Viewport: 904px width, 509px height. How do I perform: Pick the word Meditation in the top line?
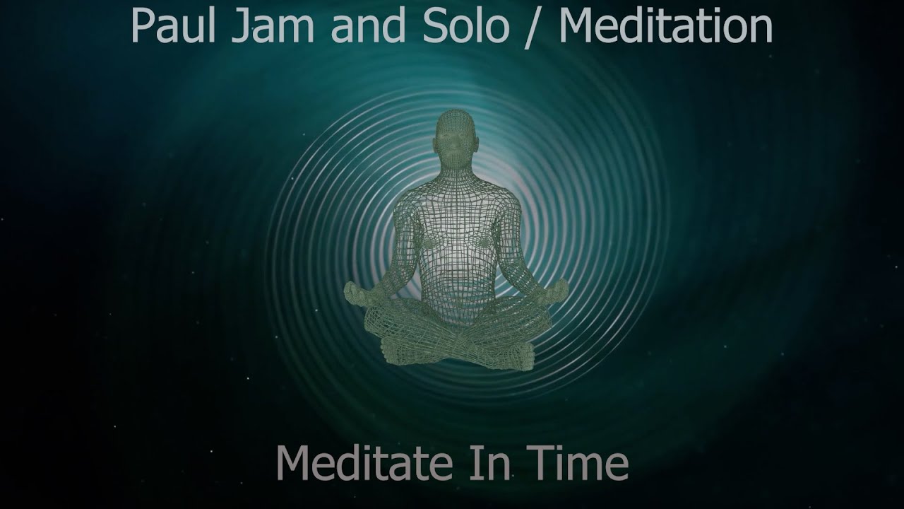point(665,26)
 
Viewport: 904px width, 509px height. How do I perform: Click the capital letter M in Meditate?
point(294,463)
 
